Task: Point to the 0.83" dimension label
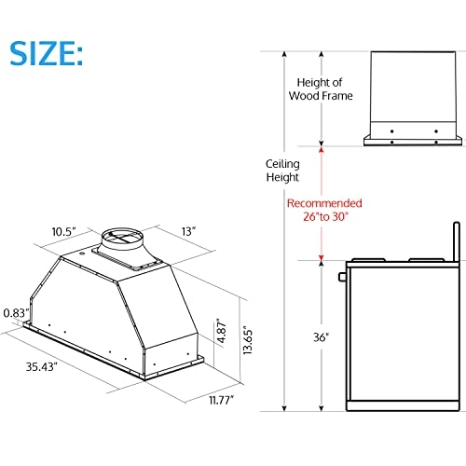(16, 314)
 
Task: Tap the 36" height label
(321, 338)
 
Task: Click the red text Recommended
(323, 203)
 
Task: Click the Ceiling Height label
(281, 170)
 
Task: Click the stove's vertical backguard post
(455, 241)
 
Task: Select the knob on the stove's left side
(343, 278)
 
